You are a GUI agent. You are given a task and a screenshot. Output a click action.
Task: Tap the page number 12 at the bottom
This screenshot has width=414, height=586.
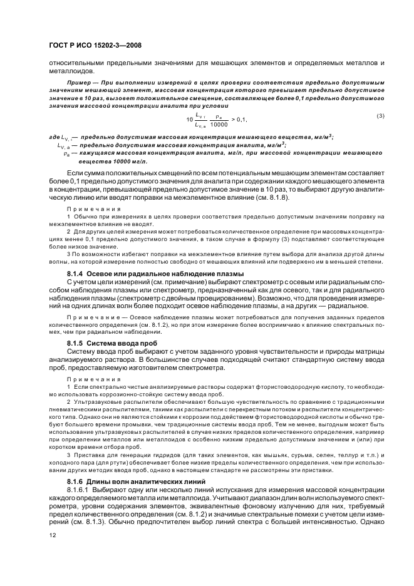coord(53,536)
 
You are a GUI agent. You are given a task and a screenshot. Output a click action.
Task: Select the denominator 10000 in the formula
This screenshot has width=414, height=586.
coord(219,124)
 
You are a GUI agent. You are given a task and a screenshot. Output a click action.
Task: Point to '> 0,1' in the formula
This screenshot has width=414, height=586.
coord(240,119)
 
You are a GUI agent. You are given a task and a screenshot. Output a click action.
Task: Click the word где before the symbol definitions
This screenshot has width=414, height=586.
coord(54,137)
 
